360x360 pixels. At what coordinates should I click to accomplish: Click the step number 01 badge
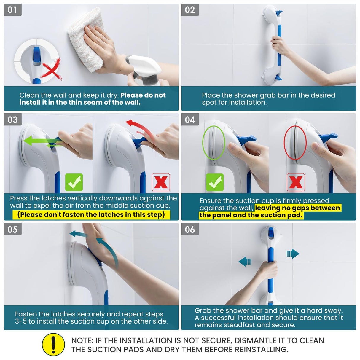[12, 10]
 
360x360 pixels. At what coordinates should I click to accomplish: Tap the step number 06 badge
[190, 229]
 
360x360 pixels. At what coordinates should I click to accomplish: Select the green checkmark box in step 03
[74, 182]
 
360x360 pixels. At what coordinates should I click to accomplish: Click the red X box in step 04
[296, 182]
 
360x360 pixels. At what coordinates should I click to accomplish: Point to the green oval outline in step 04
[214, 143]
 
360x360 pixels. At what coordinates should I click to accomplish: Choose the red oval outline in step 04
[295, 143]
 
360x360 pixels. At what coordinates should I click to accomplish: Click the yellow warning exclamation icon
[53, 344]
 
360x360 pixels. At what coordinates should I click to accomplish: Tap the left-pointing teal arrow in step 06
[245, 262]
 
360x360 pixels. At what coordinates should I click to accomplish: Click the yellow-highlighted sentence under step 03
[91, 215]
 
